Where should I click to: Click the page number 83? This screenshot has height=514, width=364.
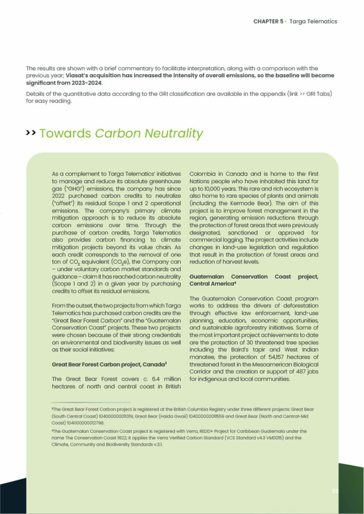(335, 491)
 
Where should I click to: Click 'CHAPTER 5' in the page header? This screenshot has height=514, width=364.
(268, 22)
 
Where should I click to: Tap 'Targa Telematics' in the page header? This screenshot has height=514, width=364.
(314, 22)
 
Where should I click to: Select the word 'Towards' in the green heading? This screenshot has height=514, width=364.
(65, 134)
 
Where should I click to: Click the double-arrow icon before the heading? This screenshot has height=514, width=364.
(31, 133)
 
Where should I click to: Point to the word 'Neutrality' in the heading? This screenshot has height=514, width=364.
(174, 134)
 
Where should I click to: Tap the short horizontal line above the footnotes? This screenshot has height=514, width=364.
(91, 403)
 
